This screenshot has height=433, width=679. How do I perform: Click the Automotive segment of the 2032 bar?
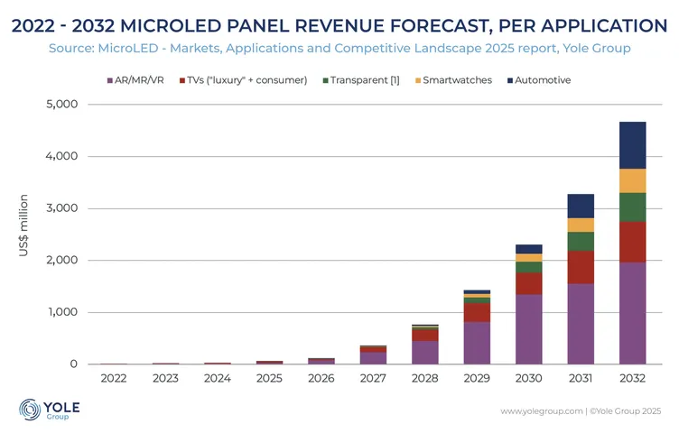[633, 145]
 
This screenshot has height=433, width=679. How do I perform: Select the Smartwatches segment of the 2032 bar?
[633, 180]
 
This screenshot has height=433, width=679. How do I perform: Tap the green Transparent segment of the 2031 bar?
[581, 241]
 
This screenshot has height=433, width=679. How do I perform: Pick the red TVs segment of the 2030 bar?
[528, 283]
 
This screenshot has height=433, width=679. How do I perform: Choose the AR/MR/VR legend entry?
[135, 80]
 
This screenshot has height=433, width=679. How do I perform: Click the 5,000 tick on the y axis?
[61, 105]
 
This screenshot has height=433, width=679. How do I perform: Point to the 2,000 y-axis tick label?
[61, 261]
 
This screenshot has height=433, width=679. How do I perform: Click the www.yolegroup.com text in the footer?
[541, 411]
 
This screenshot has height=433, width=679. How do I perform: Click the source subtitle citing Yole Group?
[339, 48]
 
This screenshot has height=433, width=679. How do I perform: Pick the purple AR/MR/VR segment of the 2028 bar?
[423, 353]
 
